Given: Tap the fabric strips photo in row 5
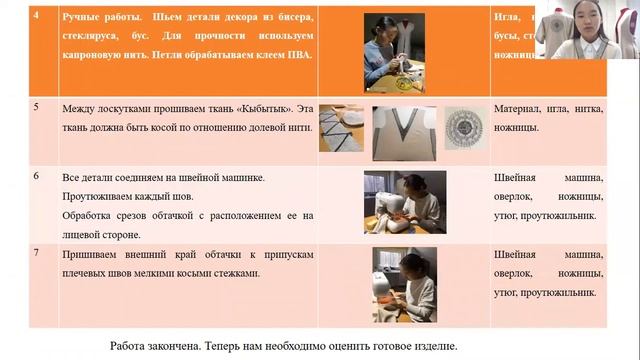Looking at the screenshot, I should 341,131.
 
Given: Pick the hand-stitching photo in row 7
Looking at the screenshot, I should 404,285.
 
